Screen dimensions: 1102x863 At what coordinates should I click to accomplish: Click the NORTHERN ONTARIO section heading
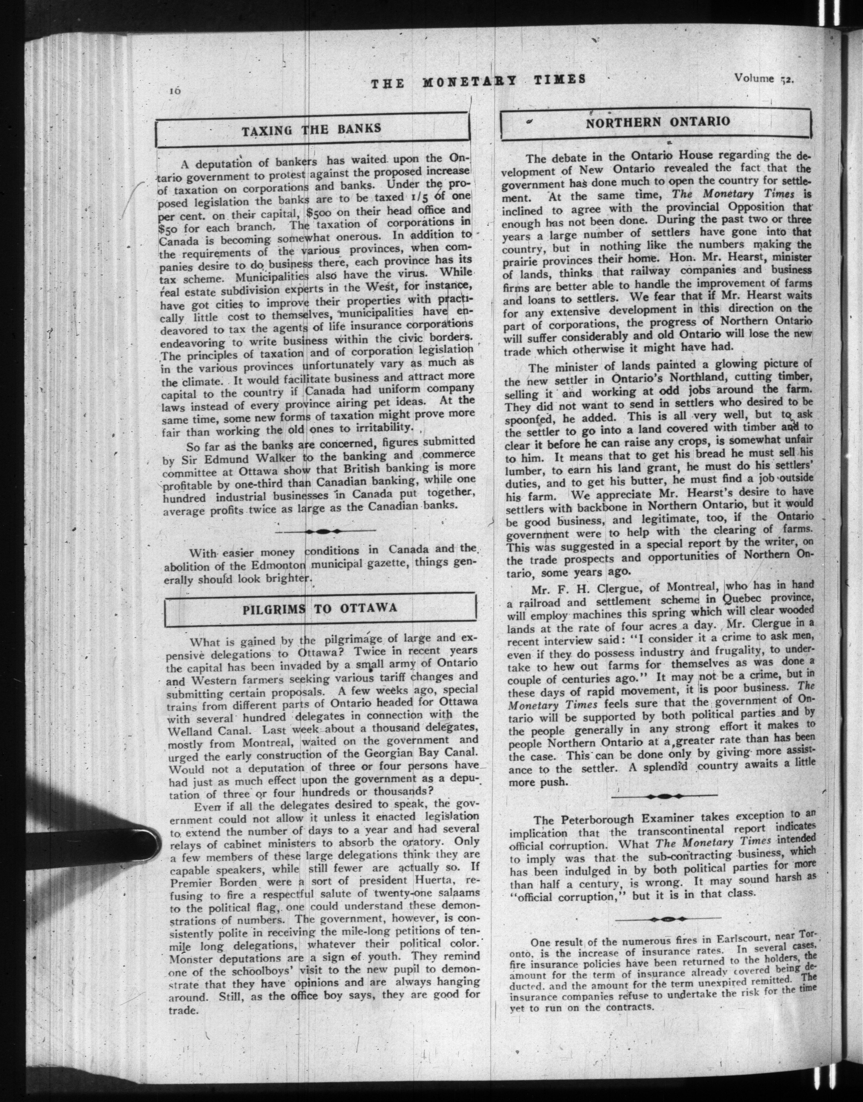(x=657, y=122)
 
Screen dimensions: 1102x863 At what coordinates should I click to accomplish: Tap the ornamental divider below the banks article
(x=322, y=531)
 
